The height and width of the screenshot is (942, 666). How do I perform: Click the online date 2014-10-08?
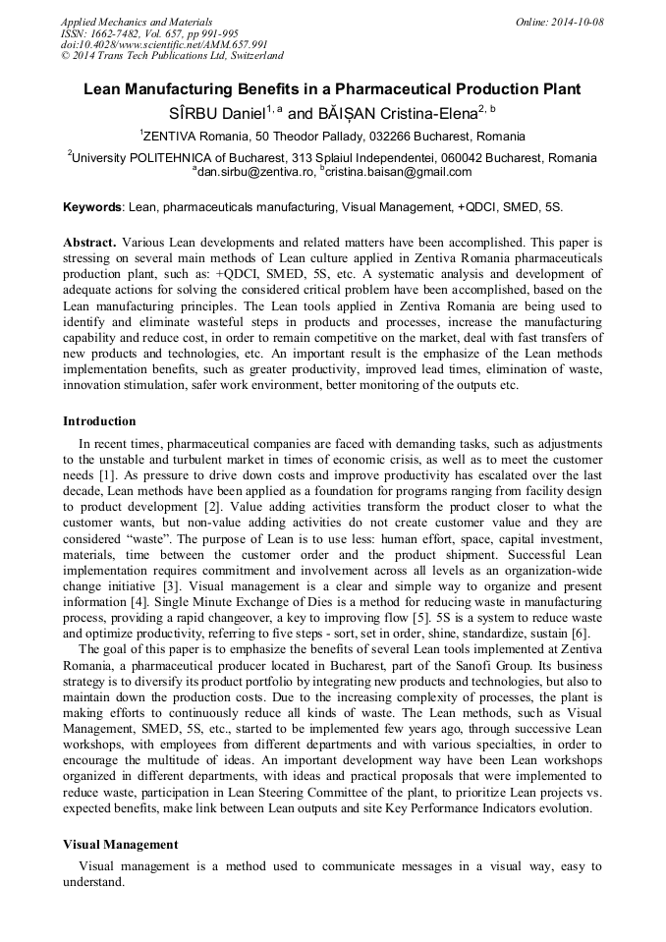[x=569, y=22]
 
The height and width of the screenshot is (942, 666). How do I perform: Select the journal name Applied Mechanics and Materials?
[x=136, y=22]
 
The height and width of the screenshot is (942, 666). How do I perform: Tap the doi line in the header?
[x=164, y=44]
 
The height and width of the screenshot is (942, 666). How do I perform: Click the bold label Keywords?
[x=93, y=208]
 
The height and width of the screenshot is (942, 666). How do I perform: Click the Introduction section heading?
[x=99, y=421]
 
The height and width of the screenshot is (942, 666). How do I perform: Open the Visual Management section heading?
[x=120, y=844]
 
